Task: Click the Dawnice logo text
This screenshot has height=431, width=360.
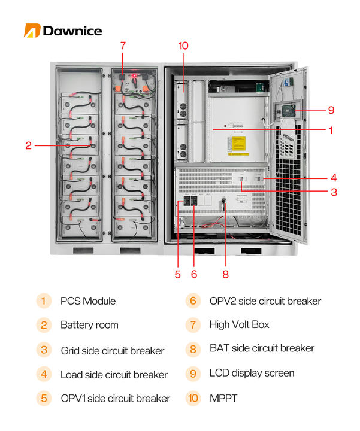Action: click(x=72, y=31)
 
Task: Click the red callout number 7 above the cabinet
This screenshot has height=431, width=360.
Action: click(x=123, y=45)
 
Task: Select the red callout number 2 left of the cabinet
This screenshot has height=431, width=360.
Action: click(x=28, y=144)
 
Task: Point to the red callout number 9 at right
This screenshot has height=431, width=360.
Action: click(x=331, y=110)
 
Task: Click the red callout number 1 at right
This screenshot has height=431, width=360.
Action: click(x=331, y=130)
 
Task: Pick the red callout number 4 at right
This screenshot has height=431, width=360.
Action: click(x=334, y=178)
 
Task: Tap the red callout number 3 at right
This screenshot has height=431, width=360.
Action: click(x=334, y=192)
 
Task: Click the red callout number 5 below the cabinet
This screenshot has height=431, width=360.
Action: click(x=177, y=274)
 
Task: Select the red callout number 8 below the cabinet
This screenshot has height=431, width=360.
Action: click(x=225, y=274)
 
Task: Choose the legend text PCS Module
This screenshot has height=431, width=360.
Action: click(x=88, y=301)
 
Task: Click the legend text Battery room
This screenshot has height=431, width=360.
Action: click(x=89, y=325)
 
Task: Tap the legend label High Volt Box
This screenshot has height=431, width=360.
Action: click(x=239, y=324)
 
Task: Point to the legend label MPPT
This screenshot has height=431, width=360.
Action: click(x=223, y=398)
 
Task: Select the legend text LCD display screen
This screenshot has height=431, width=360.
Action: click(x=252, y=373)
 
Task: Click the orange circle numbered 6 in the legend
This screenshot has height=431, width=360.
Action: click(x=193, y=301)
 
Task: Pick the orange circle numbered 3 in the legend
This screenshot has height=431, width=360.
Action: click(x=44, y=350)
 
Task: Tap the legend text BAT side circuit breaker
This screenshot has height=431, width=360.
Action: click(x=262, y=348)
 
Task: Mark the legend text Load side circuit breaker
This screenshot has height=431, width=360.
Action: click(x=114, y=374)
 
